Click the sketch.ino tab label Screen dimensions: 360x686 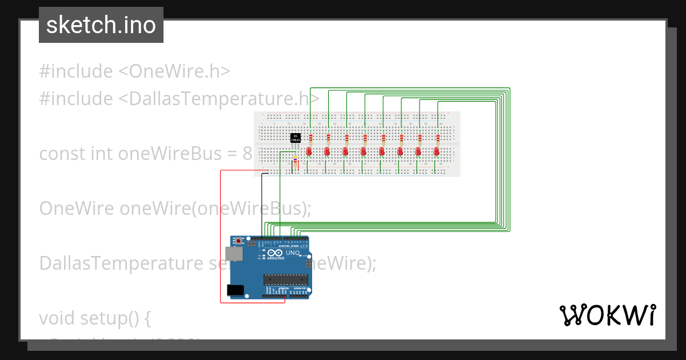(x=101, y=25)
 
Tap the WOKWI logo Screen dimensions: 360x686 (x=607, y=315)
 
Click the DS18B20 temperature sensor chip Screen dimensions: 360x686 (x=295, y=137)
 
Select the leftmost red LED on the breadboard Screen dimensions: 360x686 (x=309, y=151)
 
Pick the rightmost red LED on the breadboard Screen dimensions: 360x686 (x=437, y=151)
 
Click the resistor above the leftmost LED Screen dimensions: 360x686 (x=310, y=138)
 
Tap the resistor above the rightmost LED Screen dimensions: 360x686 (x=438, y=138)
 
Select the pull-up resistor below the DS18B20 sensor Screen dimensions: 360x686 (x=295, y=163)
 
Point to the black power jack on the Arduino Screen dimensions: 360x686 (x=235, y=290)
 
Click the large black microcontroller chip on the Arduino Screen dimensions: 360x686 (x=285, y=279)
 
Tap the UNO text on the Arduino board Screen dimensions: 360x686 (x=292, y=253)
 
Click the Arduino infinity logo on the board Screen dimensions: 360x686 (x=275, y=253)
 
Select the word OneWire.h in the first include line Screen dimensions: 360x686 (x=180, y=71)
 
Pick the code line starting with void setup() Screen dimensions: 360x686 (x=95, y=318)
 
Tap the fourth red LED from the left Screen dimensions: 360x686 (x=364, y=151)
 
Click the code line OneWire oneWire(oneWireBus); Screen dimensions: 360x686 (x=175, y=209)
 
